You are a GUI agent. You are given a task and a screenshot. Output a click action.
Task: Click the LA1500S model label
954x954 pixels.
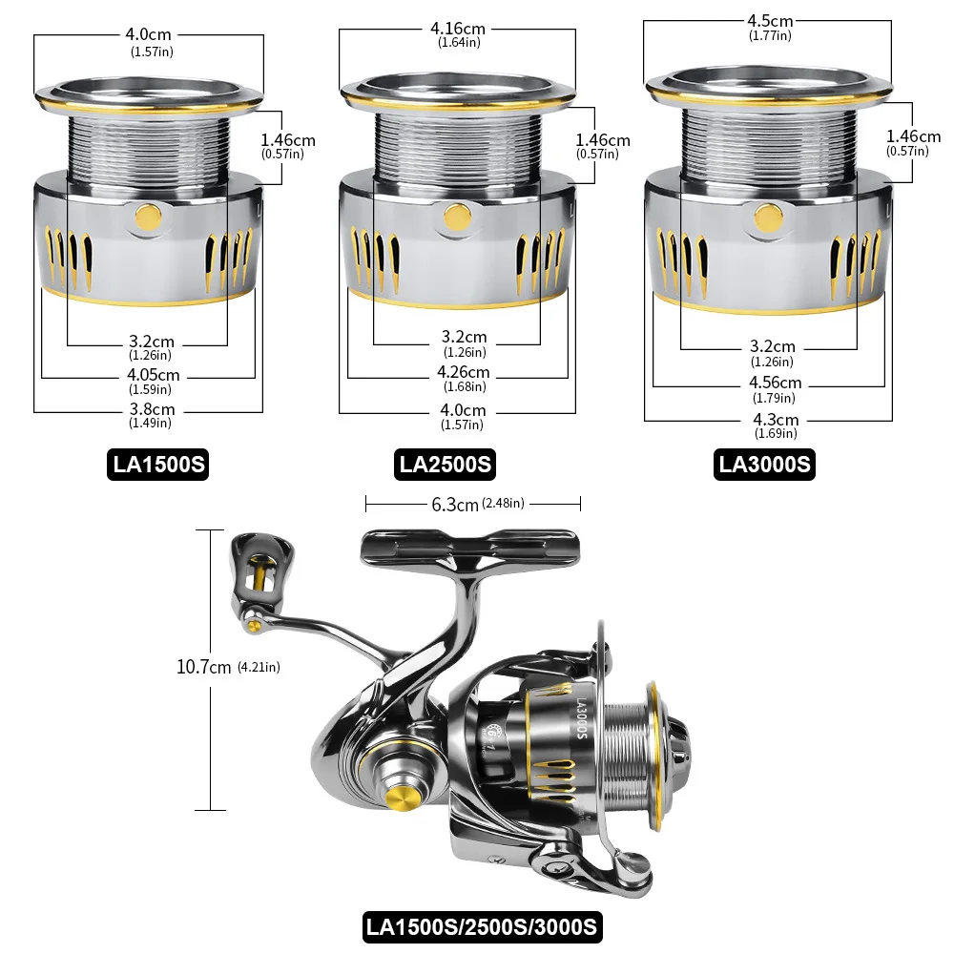tap(156, 465)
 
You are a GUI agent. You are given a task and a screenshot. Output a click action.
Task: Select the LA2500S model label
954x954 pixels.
tap(446, 465)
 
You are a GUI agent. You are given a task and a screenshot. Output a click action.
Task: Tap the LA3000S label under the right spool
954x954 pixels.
tap(765, 465)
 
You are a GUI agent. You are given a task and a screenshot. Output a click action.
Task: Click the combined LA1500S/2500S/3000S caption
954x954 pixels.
tap(482, 925)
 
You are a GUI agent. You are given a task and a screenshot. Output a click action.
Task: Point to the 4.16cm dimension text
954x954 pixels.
tap(458, 29)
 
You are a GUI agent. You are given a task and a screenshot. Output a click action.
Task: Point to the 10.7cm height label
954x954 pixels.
tap(204, 668)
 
